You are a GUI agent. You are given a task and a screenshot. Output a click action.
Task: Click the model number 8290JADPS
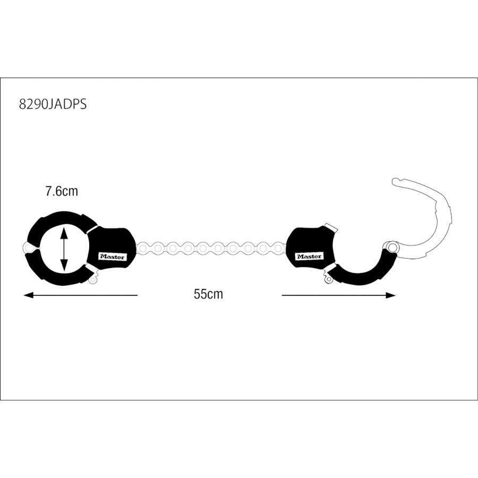point(53,104)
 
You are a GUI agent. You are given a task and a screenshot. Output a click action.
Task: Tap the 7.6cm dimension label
point(61,191)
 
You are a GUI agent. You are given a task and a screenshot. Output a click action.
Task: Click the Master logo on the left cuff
point(112,256)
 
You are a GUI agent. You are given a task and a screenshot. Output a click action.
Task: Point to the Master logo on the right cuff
point(309,256)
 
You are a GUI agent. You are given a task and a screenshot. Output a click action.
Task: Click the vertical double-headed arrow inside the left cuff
point(64,247)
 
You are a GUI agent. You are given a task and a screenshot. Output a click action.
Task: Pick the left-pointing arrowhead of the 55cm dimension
point(28,295)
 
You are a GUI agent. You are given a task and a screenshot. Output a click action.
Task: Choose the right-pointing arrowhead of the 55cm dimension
point(391,295)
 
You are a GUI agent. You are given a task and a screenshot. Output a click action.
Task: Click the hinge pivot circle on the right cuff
point(392,247)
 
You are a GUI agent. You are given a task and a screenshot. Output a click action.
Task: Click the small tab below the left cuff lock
point(95,278)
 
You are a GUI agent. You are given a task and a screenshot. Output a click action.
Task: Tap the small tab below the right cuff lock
point(325,277)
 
